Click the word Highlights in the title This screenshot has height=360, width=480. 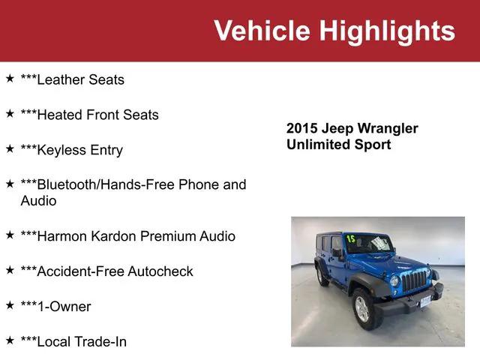pyautogui.click(x=387, y=31)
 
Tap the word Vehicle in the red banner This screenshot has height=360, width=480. pyautogui.click(x=262, y=31)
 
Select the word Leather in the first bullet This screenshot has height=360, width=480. pyautogui.click(x=62, y=79)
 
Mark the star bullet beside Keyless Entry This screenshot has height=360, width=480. pyautogui.click(x=10, y=148)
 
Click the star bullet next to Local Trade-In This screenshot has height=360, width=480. pyautogui.click(x=10, y=340)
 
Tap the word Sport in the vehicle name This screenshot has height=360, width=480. pyautogui.click(x=372, y=145)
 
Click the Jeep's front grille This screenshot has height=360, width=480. pyautogui.click(x=414, y=281)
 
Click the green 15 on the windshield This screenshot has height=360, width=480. pyautogui.click(x=350, y=239)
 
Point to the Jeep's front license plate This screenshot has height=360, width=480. pyautogui.click(x=426, y=301)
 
